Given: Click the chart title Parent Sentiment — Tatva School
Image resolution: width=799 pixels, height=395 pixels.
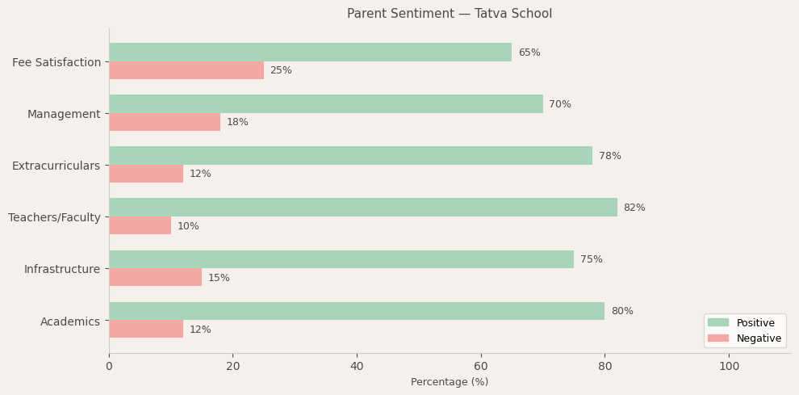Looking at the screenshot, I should pos(450,14).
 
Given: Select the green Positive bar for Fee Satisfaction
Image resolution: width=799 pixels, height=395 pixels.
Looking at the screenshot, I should pos(310,53).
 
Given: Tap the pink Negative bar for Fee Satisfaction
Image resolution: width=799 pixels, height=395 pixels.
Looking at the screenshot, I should pos(186,70).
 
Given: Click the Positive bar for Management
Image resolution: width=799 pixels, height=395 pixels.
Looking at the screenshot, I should pos(325,104).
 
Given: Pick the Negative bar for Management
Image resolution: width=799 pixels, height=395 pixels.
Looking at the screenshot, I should pos(165,122).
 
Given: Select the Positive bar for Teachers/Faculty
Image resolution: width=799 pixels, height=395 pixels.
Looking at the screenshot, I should pos(362,208).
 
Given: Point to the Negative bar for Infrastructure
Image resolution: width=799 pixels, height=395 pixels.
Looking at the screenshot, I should pos(155,277).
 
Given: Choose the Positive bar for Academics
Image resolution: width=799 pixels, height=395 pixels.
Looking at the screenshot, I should pos(357,311).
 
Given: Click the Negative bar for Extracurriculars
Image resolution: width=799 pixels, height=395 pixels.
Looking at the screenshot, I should pos(146,174).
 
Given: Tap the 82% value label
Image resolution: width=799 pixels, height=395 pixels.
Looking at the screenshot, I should pos(634,208).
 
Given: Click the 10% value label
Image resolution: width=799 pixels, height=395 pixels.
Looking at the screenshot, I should pos(188,226).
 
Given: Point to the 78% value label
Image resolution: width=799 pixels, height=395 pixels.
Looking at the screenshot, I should pos(609,156).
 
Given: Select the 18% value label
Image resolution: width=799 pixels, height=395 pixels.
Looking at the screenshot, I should pos(237,122).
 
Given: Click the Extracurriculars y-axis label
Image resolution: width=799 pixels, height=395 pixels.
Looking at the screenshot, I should pos(56,166).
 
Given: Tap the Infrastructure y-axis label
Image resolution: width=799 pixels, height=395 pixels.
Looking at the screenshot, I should pos(62,269).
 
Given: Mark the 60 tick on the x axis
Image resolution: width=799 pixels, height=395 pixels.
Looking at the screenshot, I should pos(481,366).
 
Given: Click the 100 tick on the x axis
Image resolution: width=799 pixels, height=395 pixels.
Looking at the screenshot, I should pos(729,366).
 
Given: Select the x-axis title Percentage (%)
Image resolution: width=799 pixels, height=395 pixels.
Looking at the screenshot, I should pos(450,382).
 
